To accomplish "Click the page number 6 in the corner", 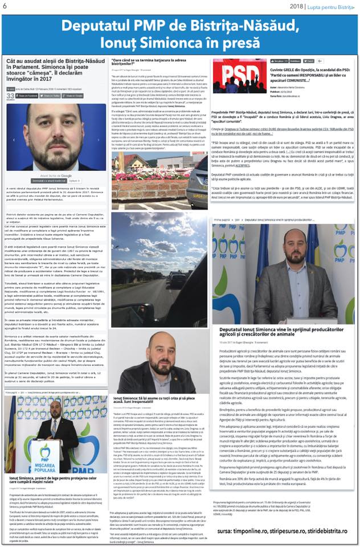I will pyautogui.click(x=4, y=6).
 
